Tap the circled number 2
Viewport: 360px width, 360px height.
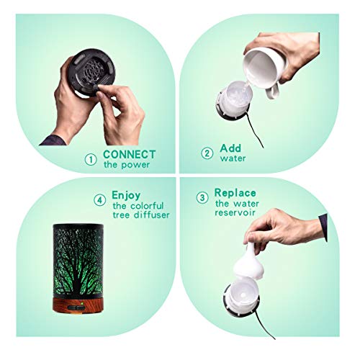click(x=207, y=153)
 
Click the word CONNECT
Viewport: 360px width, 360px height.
click(x=128, y=153)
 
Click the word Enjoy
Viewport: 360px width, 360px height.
click(x=126, y=195)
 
